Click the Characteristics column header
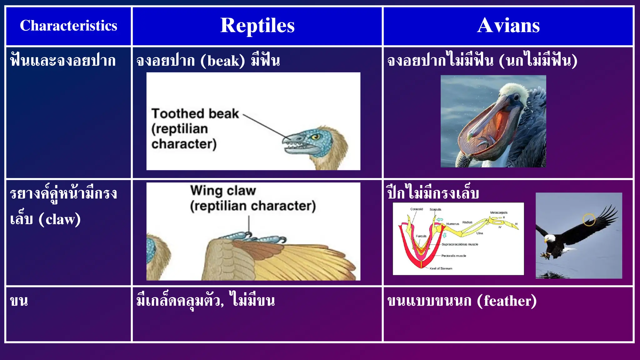click(x=68, y=26)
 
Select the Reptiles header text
click(x=257, y=25)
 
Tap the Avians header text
click(x=508, y=25)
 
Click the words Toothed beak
click(x=195, y=114)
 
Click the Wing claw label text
click(x=223, y=190)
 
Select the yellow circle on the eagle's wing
click(x=589, y=219)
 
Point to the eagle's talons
click(x=545, y=256)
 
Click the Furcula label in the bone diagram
click(x=421, y=236)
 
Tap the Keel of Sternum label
click(x=441, y=268)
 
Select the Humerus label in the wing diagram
click(x=452, y=224)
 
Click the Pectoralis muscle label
click(x=453, y=256)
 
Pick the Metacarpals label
click(x=499, y=212)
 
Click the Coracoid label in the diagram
click(x=417, y=209)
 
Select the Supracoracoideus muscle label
click(x=460, y=244)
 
